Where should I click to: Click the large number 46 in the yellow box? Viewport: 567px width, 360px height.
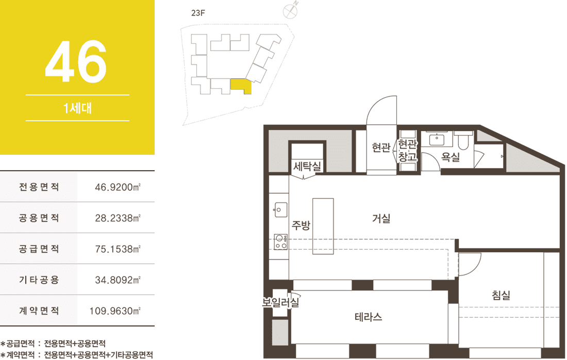pos(76,61)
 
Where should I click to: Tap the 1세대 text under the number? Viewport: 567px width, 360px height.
pos(77,108)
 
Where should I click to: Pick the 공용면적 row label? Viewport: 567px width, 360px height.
pos(39,218)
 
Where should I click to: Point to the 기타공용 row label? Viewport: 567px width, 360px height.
pos(39,280)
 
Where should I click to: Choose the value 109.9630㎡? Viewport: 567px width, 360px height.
pos(115,311)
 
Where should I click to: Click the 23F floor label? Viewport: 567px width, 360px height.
pos(198,13)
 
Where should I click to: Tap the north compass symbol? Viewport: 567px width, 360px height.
pos(290,11)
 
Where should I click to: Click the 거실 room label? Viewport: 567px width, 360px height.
pos(381,219)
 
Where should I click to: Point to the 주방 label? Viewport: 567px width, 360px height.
pos(301,225)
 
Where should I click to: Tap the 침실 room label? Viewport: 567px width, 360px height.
pos(501,295)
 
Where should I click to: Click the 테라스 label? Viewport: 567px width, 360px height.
pos(368,317)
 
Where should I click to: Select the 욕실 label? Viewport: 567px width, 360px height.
pos(451,157)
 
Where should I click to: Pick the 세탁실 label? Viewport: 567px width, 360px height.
pos(307,167)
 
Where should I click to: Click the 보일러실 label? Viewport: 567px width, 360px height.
pos(281,302)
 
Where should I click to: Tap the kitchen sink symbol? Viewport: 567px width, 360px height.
pos(281,210)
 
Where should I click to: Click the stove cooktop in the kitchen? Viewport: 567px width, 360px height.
pos(281,242)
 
